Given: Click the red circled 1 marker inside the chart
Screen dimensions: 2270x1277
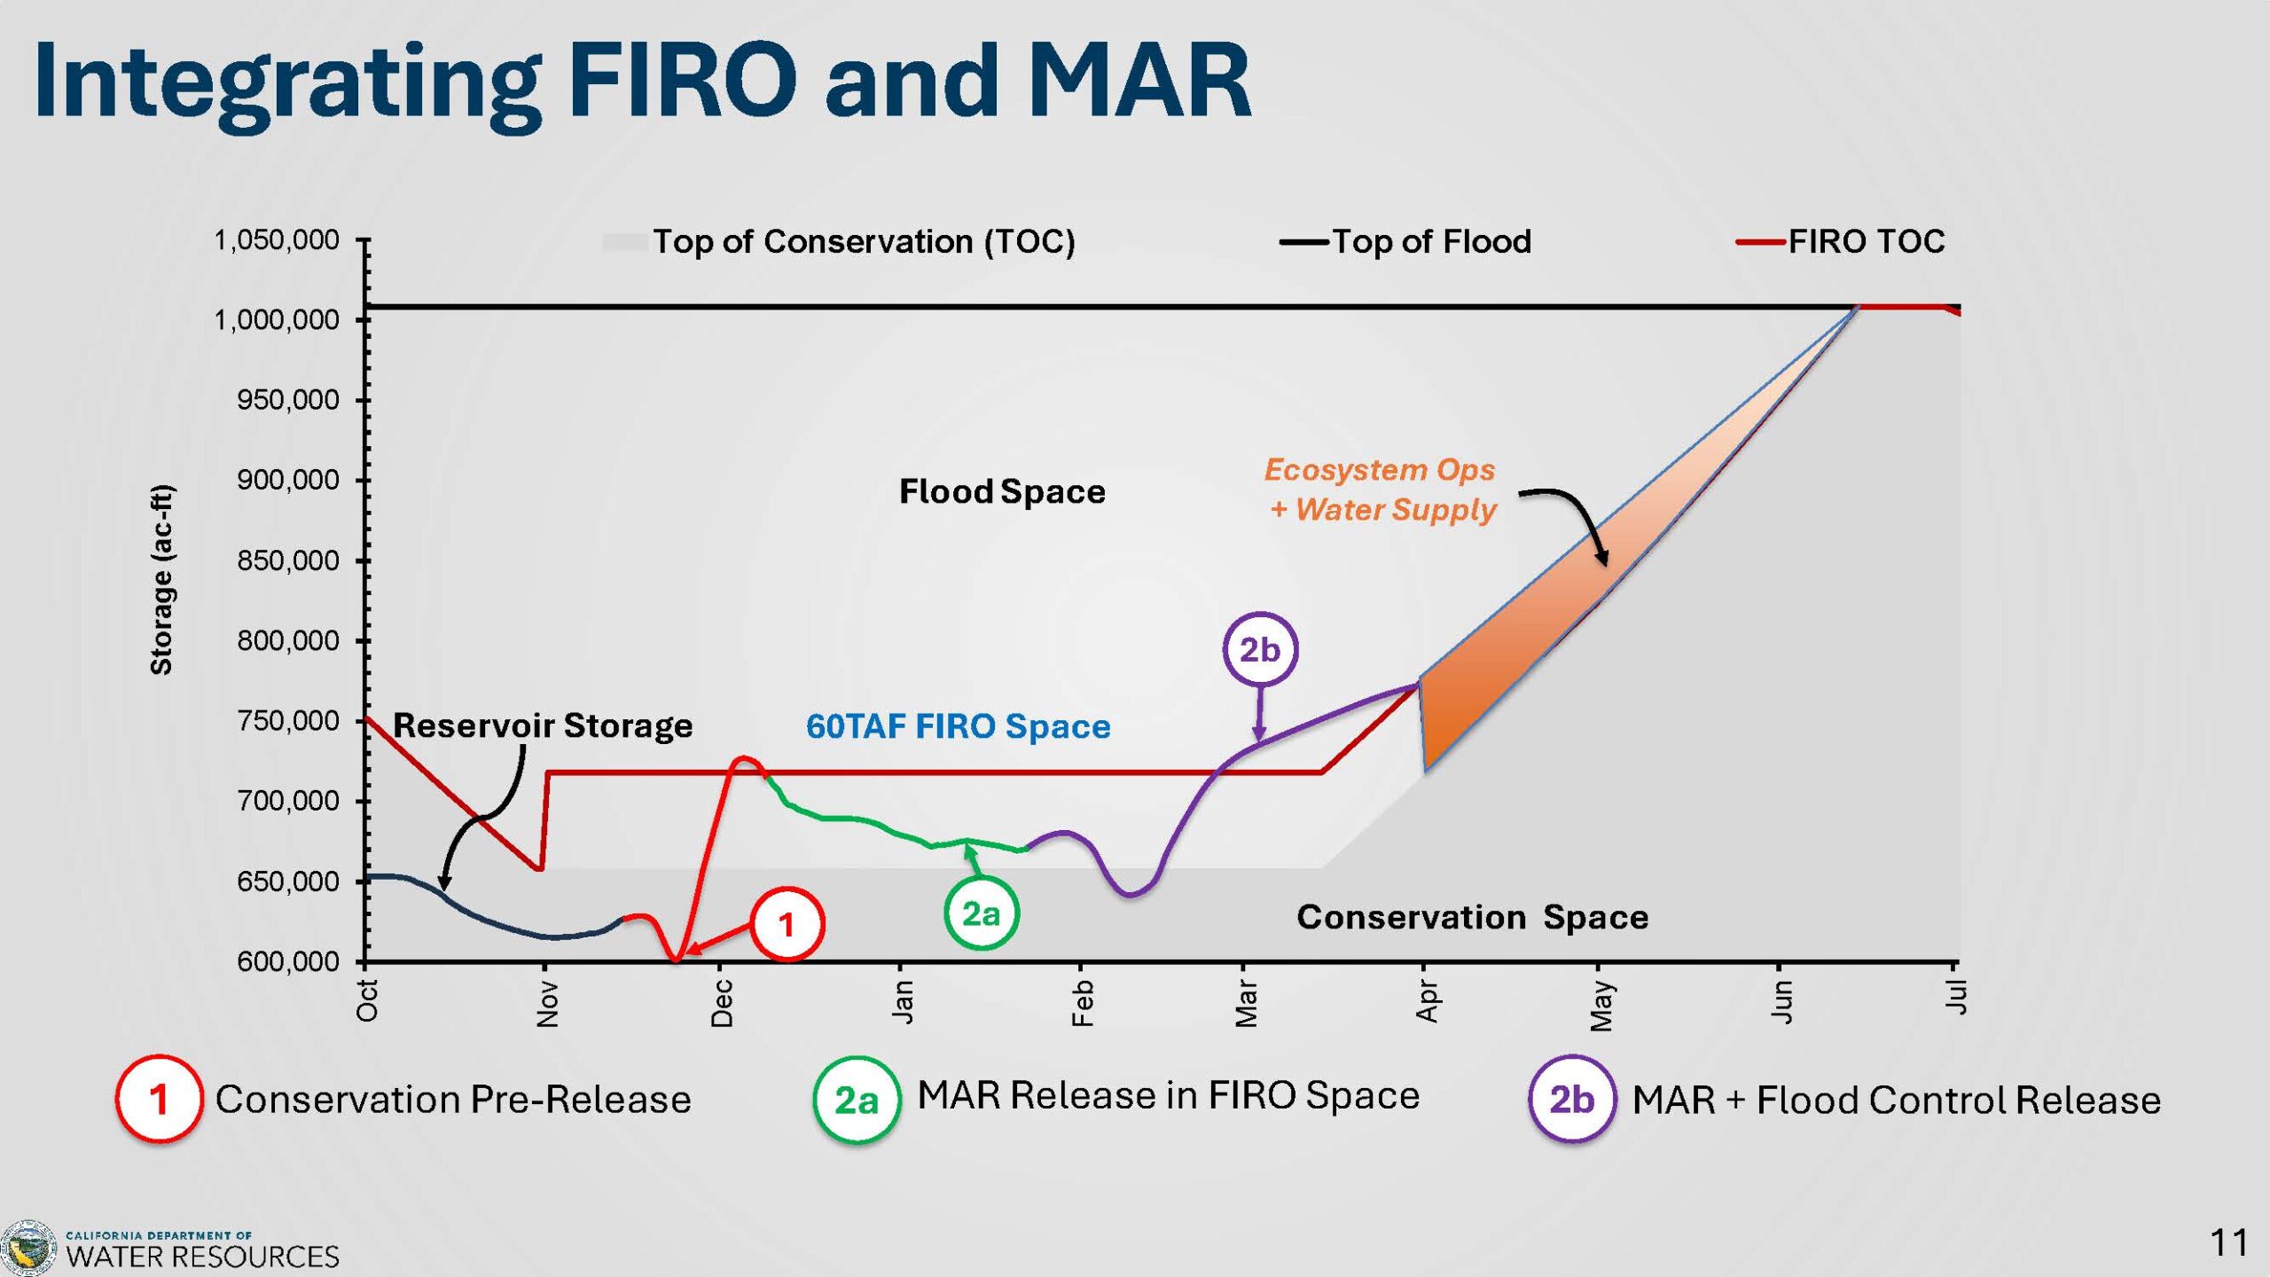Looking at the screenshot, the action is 787,924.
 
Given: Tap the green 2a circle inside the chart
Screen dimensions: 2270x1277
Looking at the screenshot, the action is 981,913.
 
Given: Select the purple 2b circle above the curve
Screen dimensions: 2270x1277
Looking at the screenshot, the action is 1260,649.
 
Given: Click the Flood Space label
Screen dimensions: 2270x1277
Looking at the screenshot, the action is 1002,491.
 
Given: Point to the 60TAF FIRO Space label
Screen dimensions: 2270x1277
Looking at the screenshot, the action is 958,726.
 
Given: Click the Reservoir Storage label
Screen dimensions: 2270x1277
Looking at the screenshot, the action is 543,725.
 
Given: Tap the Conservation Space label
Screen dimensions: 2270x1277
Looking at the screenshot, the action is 1472,917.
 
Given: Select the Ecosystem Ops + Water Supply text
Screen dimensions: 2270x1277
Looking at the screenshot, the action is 1381,490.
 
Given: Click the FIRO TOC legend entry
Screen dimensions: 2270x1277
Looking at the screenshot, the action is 1841,241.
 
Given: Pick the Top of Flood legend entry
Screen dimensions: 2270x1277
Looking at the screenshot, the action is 1405,241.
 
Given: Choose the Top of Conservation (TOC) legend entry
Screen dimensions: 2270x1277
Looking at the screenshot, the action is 839,241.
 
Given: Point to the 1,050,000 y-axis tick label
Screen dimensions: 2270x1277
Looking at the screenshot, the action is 276,239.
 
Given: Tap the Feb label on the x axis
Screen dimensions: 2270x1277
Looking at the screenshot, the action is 1082,1003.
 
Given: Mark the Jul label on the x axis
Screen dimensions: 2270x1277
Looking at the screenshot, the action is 1955,997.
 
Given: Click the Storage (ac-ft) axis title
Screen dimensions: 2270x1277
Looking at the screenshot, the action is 161,580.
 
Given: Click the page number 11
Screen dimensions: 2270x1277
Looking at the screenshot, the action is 2228,1242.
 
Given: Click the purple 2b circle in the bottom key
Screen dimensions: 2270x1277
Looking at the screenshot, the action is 1571,1099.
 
